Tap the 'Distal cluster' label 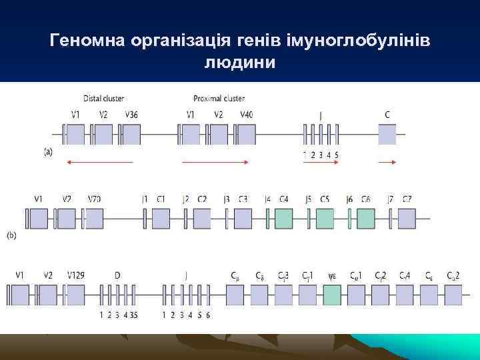tap(104, 99)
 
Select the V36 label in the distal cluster tap(132, 115)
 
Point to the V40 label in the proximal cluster tap(246, 115)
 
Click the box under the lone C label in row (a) tap(387, 135)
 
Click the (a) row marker tap(49, 153)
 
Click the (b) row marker tap(12, 235)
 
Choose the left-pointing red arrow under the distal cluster tap(100, 162)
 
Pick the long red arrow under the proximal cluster tap(215, 162)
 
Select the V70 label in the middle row tap(95, 199)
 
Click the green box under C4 tap(283, 219)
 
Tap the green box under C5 tap(325, 219)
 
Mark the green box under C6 tap(365, 219)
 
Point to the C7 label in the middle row tap(407, 199)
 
